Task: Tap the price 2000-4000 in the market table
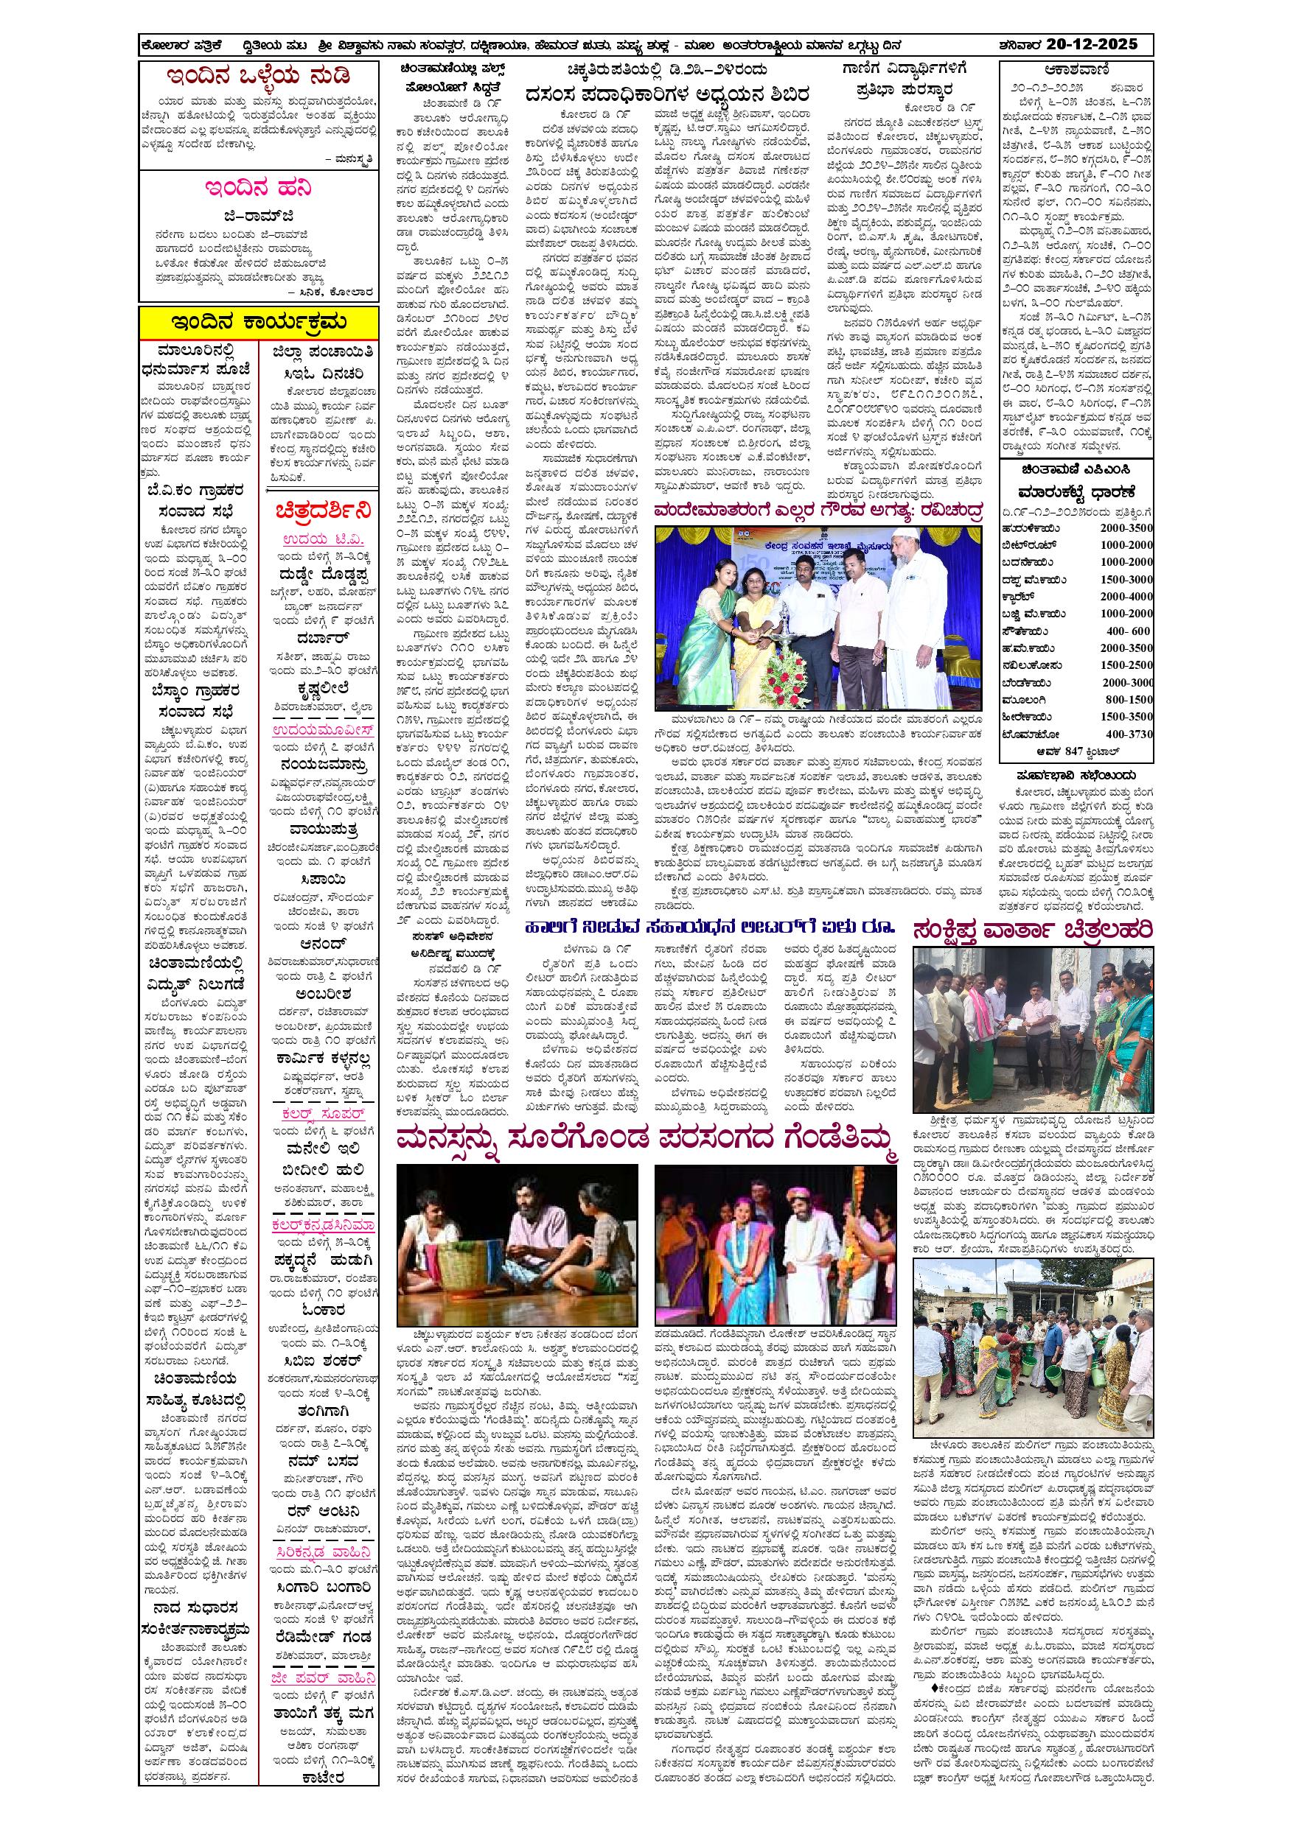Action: pos(1126,597)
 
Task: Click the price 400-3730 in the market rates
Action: pos(1127,734)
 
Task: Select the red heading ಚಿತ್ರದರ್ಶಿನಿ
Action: pos(318,509)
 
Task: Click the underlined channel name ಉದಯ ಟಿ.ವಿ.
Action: pos(317,540)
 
